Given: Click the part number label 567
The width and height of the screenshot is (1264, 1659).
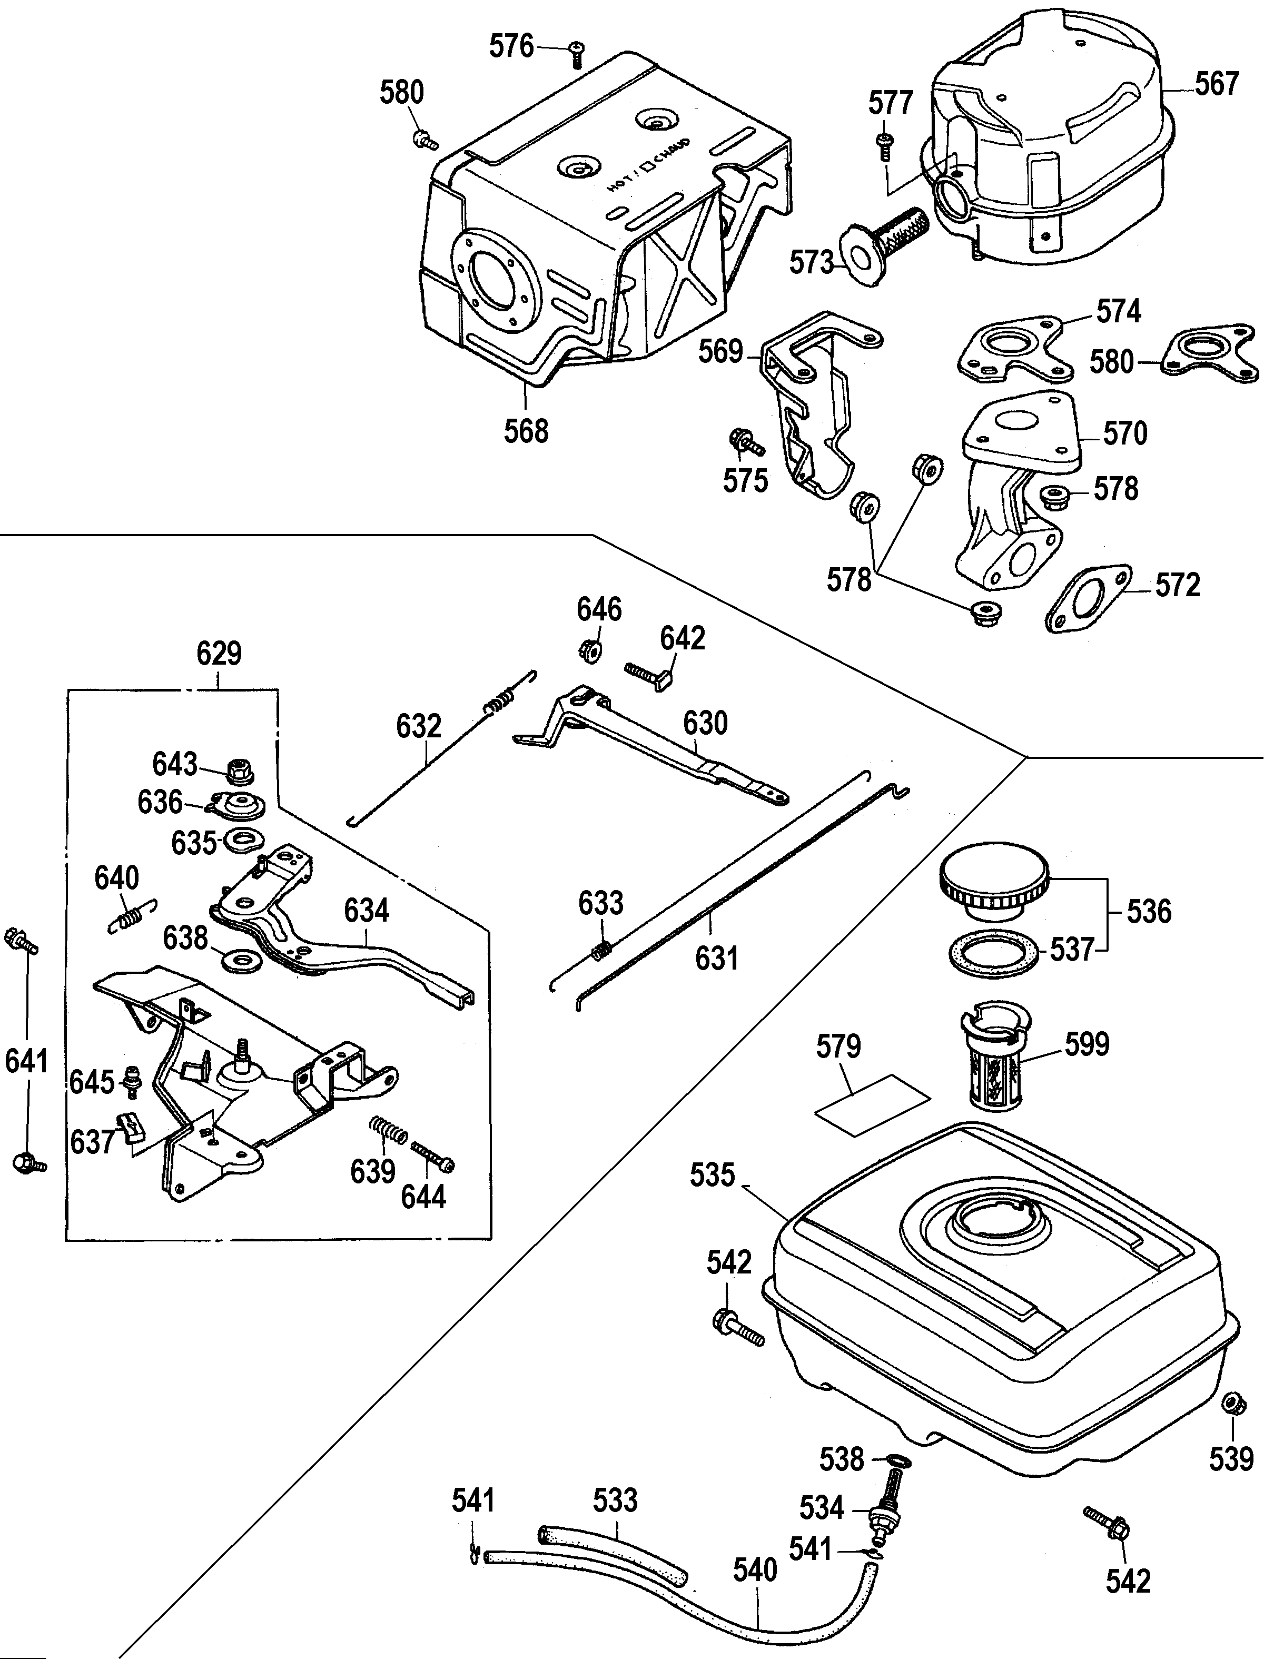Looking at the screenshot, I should (1217, 84).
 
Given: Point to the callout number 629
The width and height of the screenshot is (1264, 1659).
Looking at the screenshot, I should (219, 653).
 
